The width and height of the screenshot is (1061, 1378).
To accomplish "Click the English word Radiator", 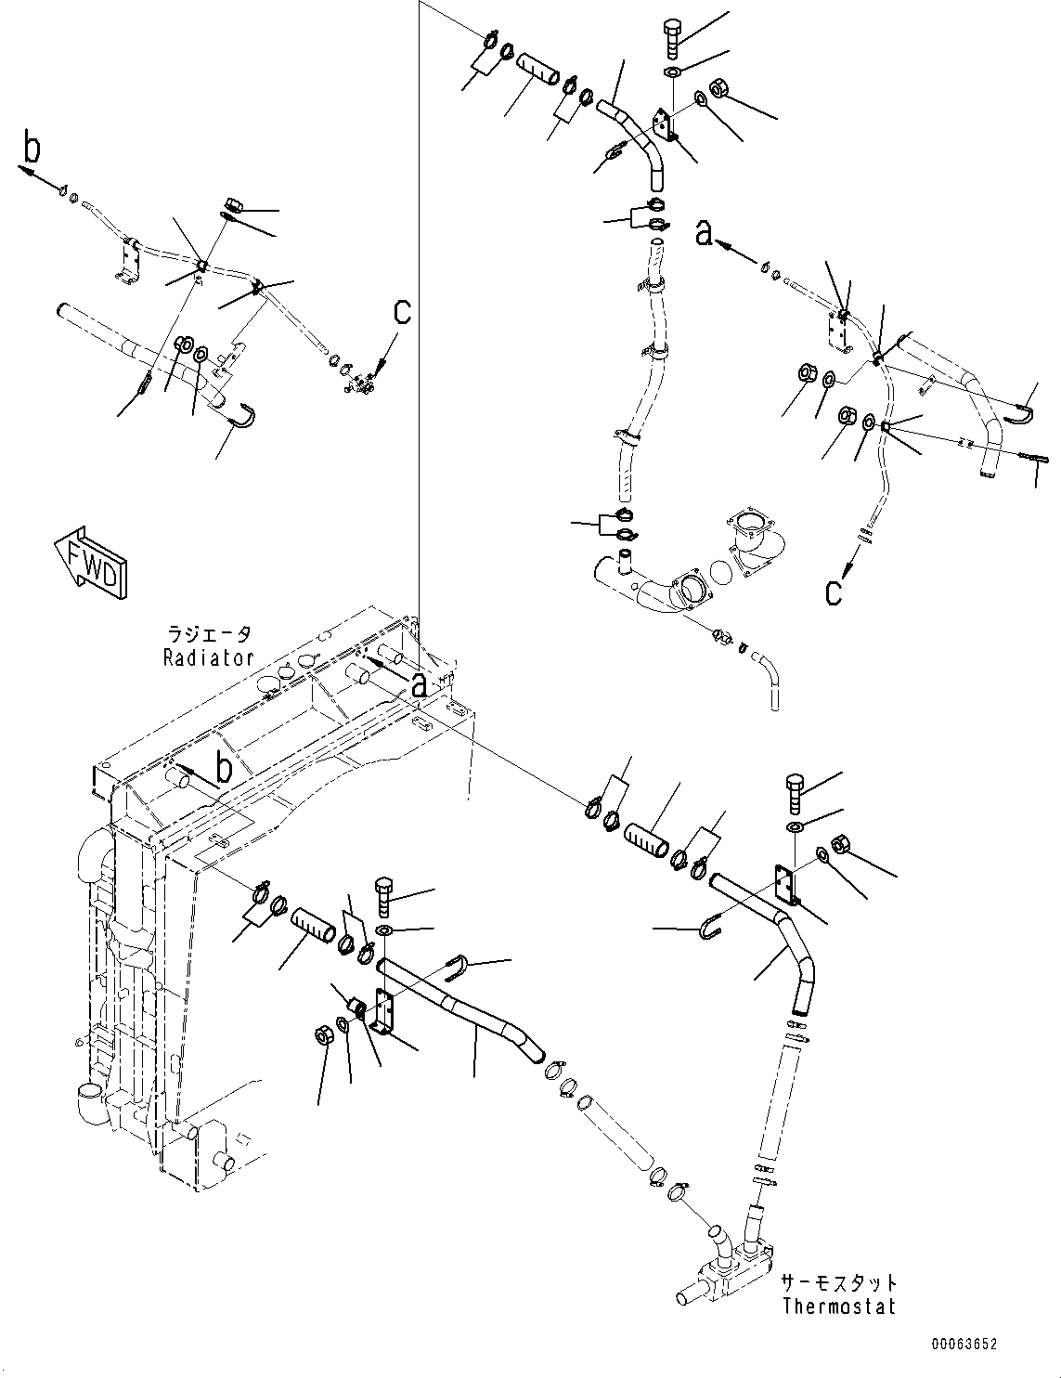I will click(208, 657).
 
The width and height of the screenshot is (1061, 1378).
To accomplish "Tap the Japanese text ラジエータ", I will click(208, 635).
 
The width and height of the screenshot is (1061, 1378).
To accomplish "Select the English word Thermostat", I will click(838, 1306).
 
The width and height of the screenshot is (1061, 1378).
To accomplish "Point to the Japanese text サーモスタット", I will click(838, 1282).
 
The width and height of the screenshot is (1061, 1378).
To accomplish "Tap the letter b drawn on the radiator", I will click(223, 768).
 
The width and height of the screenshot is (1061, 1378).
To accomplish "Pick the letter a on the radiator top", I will click(420, 684).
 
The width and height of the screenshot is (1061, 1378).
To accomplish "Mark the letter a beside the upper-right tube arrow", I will click(705, 233).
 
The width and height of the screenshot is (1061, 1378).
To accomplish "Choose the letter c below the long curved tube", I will click(834, 591).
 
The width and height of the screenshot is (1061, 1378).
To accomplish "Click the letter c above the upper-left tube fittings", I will click(401, 312).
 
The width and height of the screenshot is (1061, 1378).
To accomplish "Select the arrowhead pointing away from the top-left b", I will click(23, 170).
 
